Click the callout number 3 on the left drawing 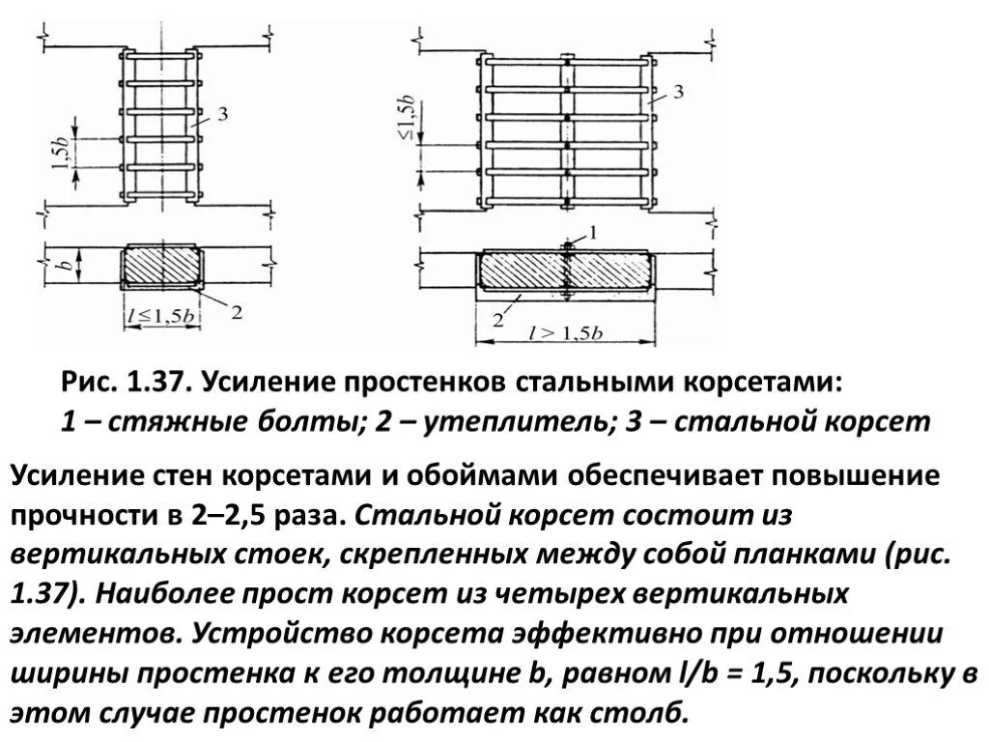[223, 115]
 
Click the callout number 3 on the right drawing [678, 93]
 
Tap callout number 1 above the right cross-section [593, 232]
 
